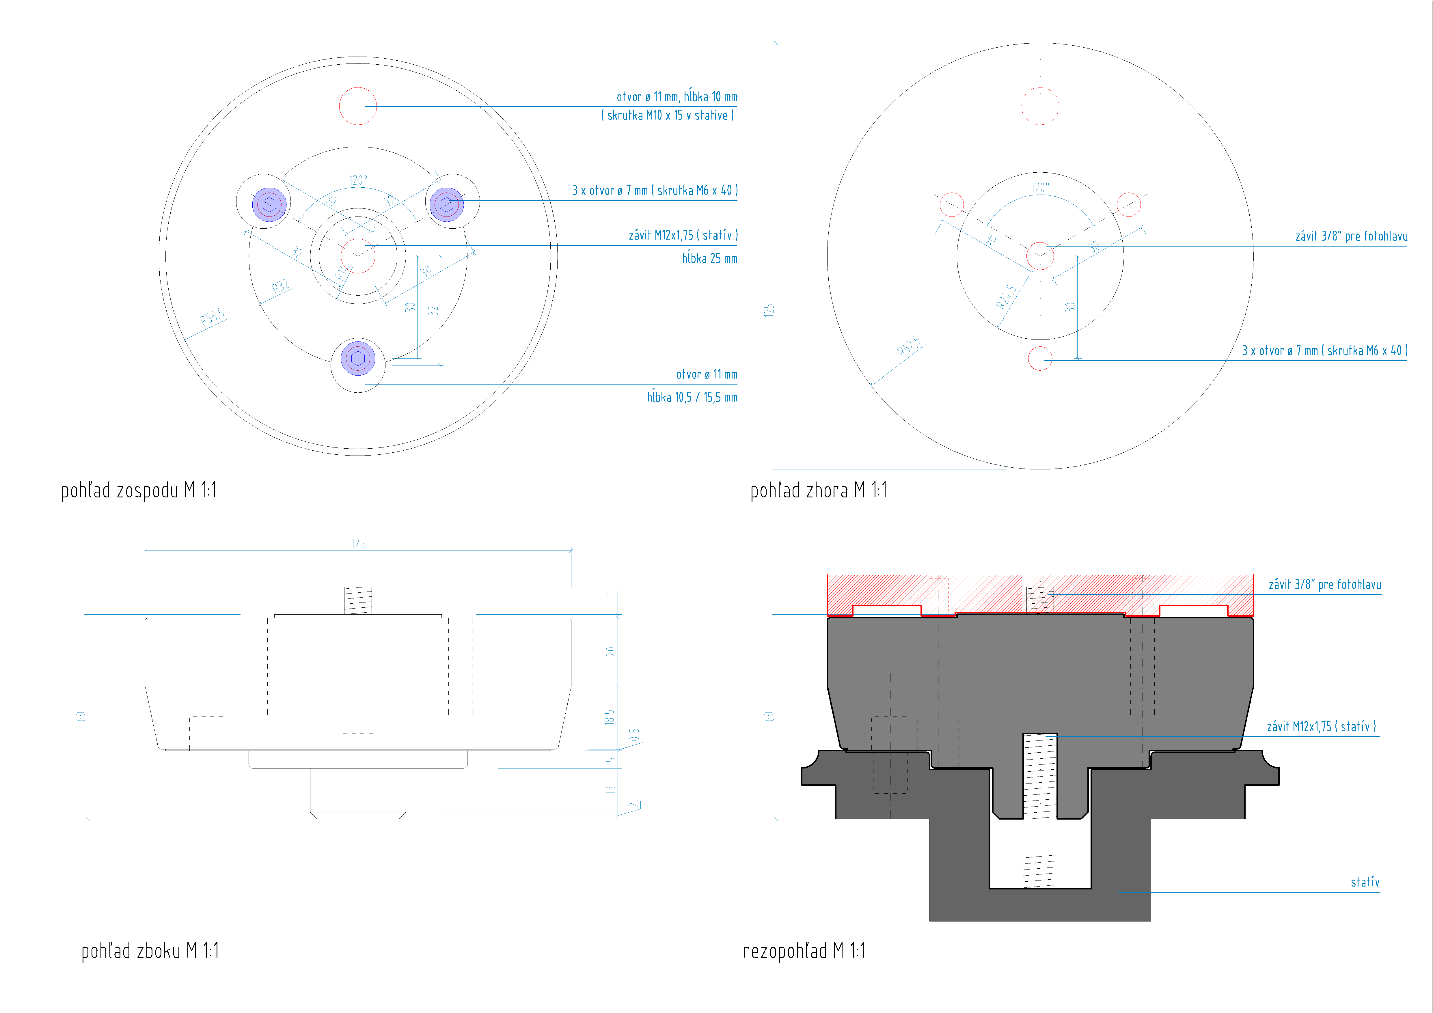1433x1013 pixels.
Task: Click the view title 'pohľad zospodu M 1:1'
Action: (139, 490)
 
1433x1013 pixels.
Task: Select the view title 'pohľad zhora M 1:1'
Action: (818, 490)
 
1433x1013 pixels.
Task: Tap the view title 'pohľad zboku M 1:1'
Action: (150, 951)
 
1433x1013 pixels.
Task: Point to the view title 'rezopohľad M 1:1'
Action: (804, 951)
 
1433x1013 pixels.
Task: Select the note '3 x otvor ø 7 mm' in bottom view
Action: (655, 190)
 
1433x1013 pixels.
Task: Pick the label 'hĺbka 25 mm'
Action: (710, 258)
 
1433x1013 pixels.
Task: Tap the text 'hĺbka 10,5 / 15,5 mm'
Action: (692, 397)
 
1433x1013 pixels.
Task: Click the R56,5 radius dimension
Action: (212, 317)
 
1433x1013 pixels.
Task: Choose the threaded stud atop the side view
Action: (358, 600)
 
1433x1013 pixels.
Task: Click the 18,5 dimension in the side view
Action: (610, 717)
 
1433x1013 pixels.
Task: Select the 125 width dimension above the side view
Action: (358, 544)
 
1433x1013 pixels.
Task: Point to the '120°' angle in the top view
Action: (1040, 187)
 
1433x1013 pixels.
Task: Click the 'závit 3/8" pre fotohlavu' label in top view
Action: (1351, 236)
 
